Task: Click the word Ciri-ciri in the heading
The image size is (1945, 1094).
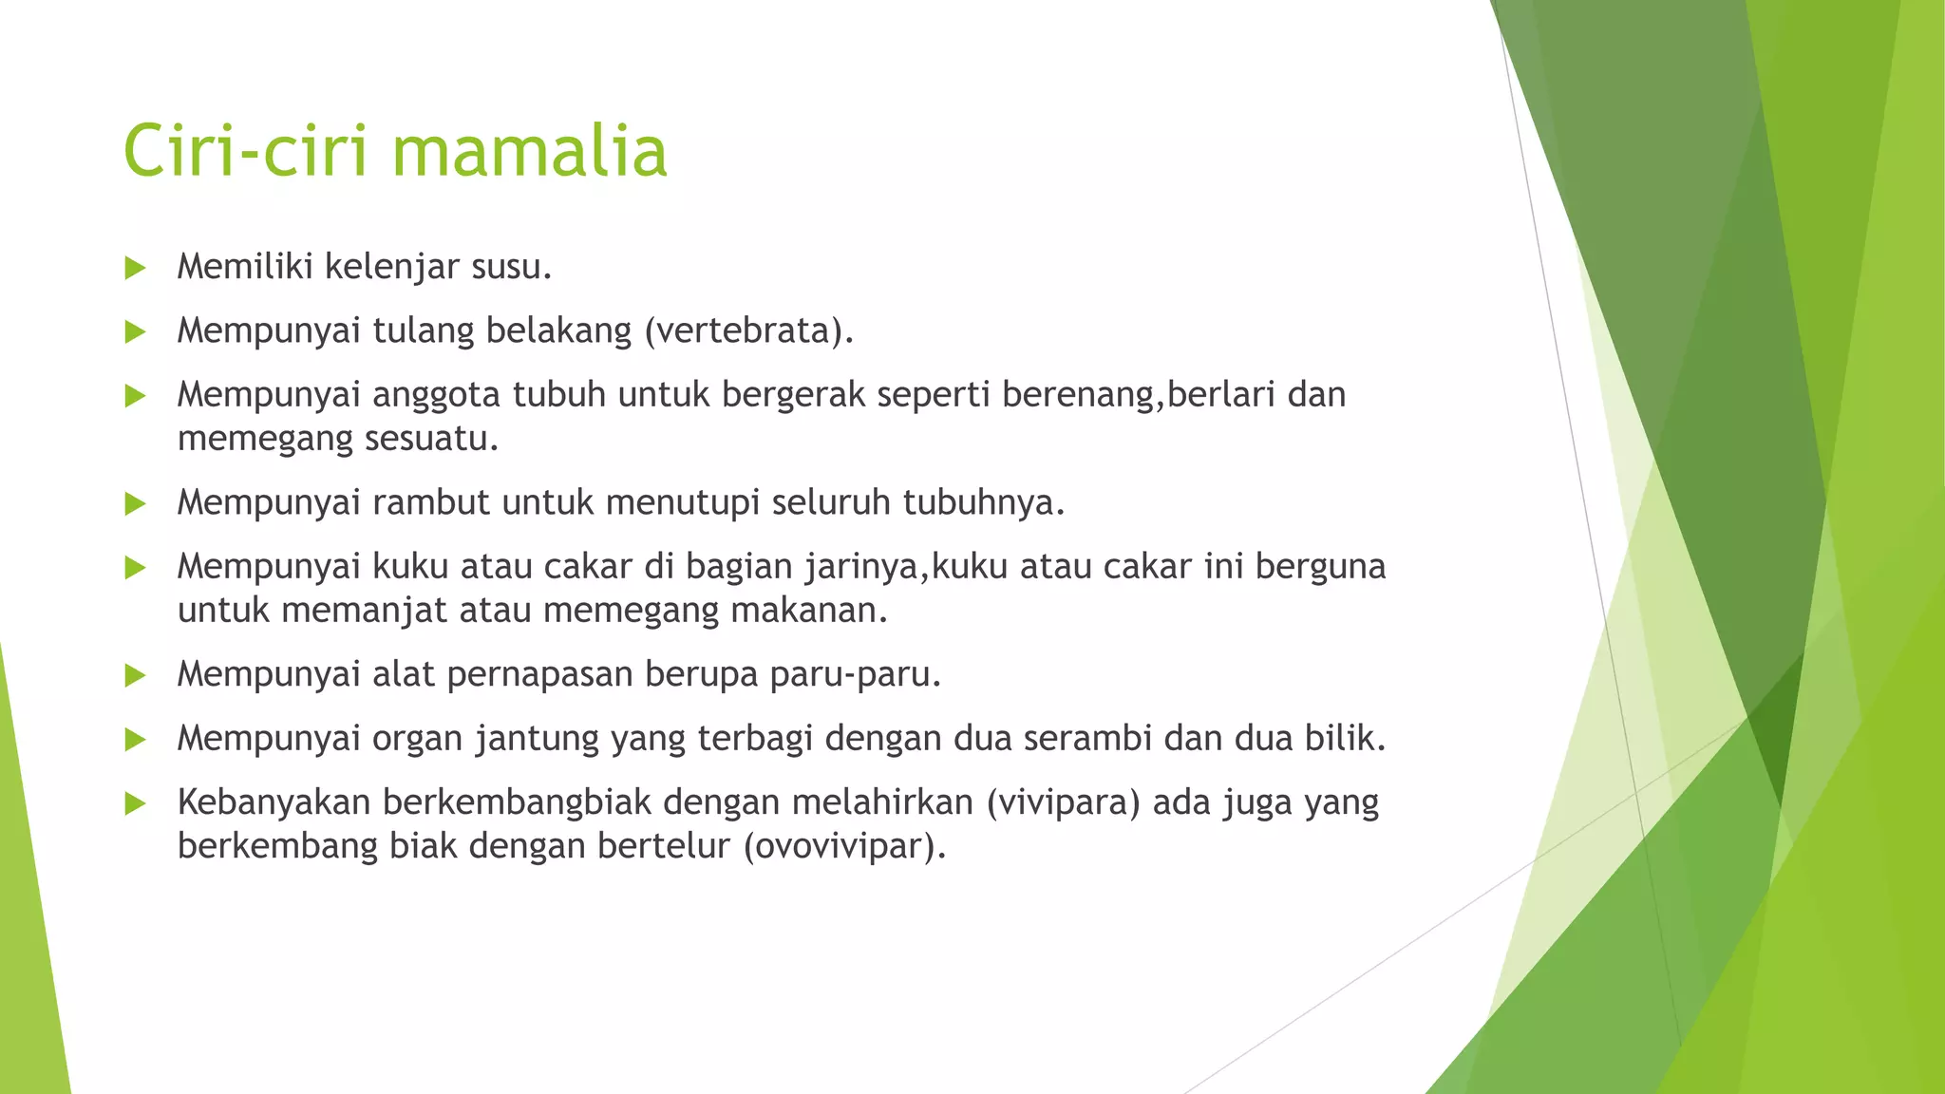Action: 245,152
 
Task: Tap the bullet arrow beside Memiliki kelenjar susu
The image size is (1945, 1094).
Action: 135,268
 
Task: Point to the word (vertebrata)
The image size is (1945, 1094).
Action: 749,330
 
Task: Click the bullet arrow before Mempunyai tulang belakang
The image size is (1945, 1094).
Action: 135,331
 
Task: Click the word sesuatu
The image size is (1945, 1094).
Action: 445,439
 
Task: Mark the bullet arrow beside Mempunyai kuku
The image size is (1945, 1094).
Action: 135,568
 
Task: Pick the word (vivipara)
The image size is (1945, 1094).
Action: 1063,802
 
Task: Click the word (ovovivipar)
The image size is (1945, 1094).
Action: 844,846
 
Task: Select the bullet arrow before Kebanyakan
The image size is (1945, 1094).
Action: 135,803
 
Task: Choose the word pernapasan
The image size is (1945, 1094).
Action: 539,674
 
